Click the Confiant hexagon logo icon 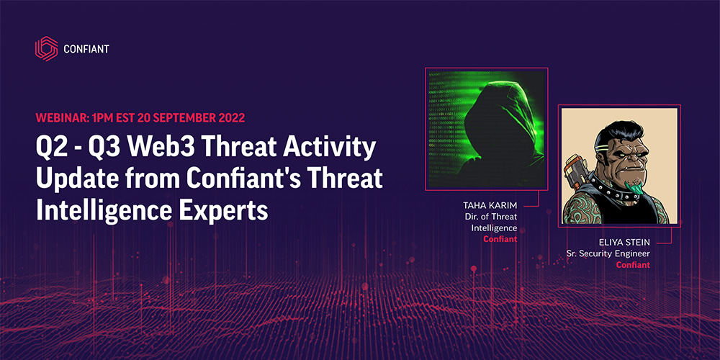click(46, 48)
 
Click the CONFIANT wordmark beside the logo click(86, 49)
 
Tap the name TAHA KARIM click(490, 206)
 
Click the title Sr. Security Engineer click(609, 254)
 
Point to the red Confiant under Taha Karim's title click(500, 238)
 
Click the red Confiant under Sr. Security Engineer click(633, 265)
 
